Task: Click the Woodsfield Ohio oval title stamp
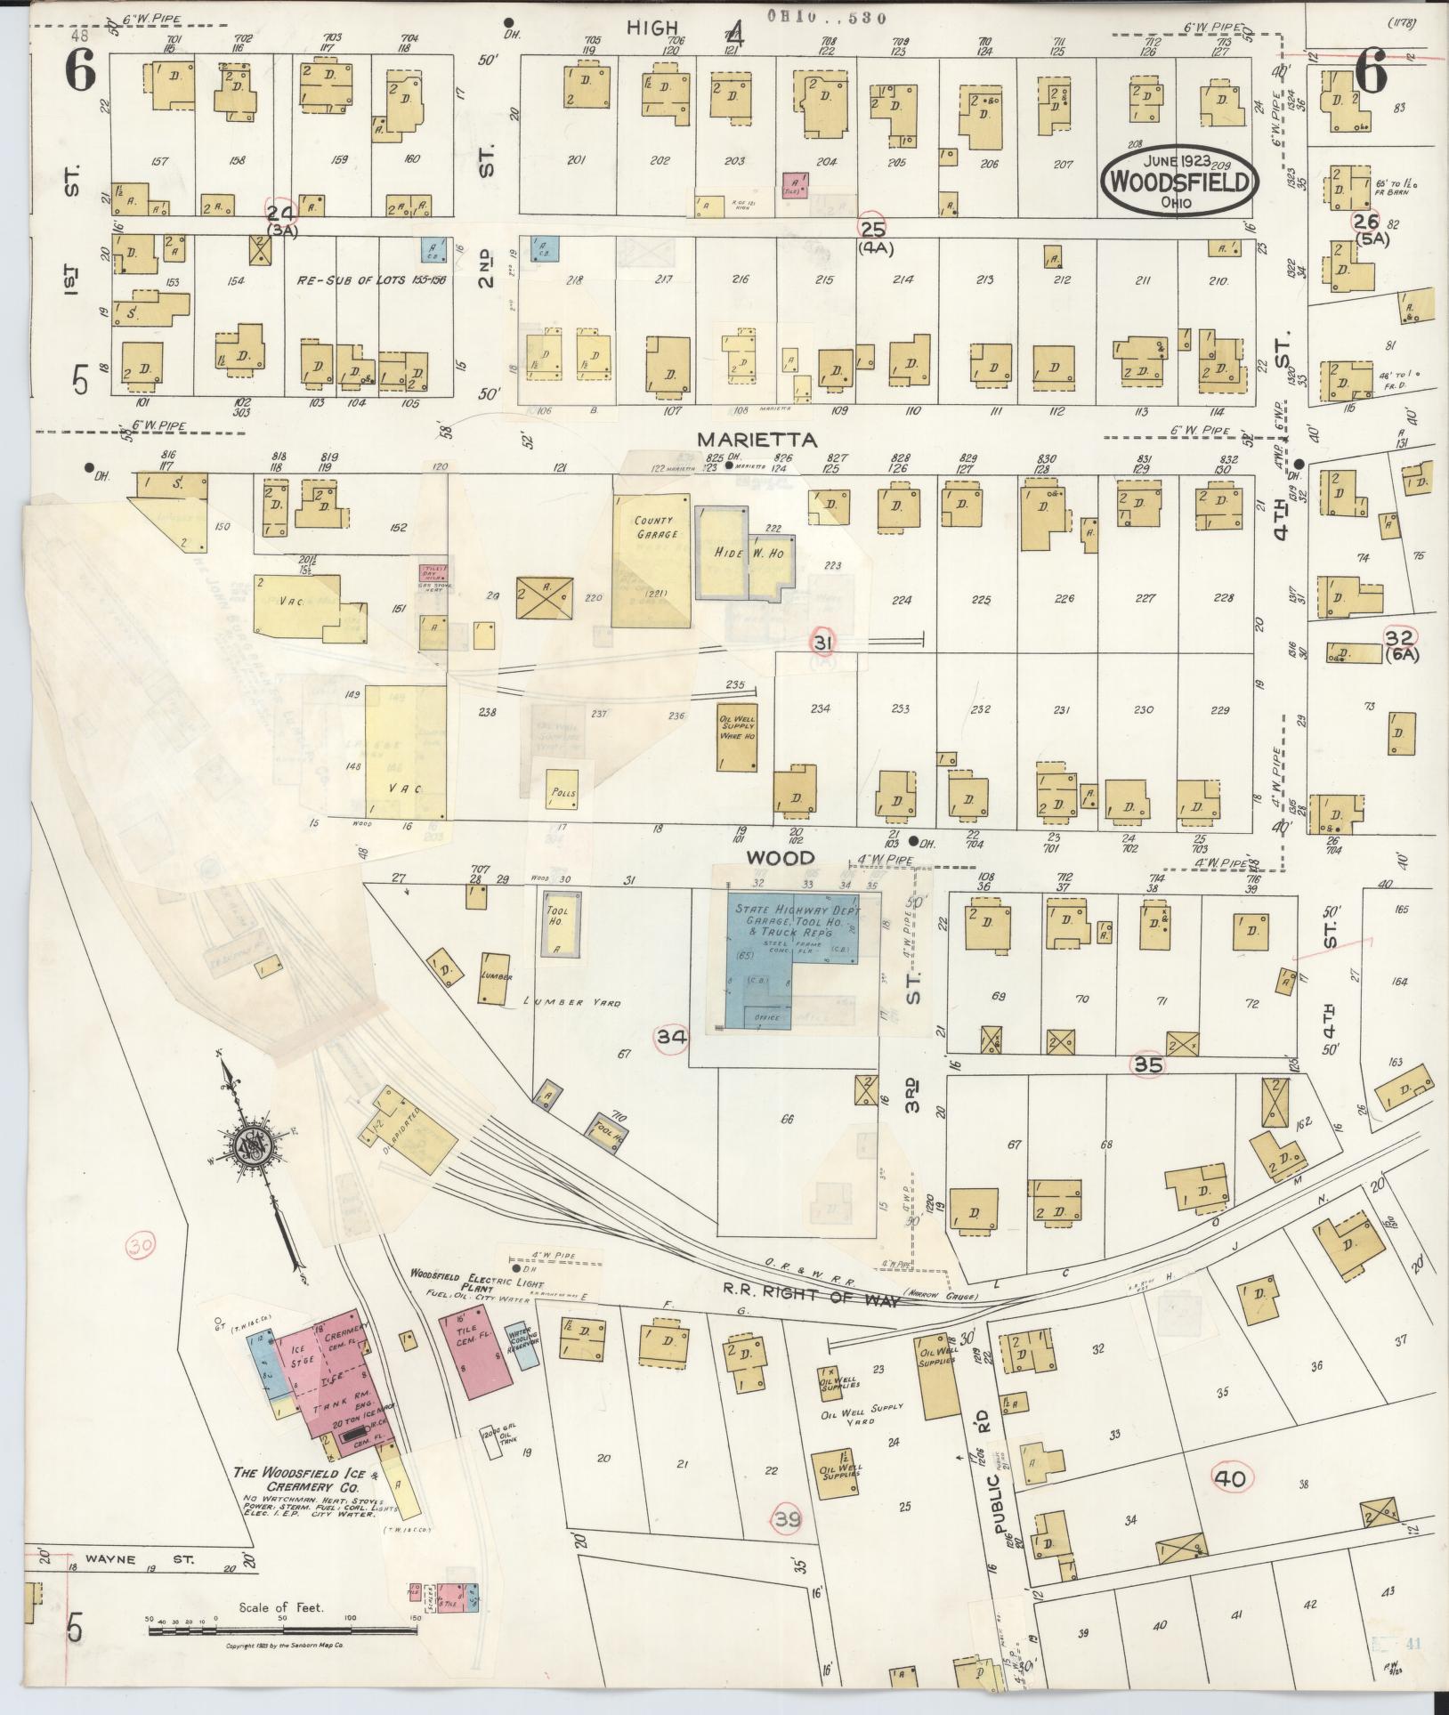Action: (x=1180, y=181)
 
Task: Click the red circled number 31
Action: (x=823, y=642)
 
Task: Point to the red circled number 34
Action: (x=672, y=1037)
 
